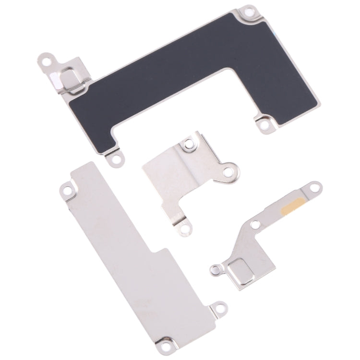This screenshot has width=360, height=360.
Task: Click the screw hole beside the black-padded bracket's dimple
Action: [47, 61]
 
